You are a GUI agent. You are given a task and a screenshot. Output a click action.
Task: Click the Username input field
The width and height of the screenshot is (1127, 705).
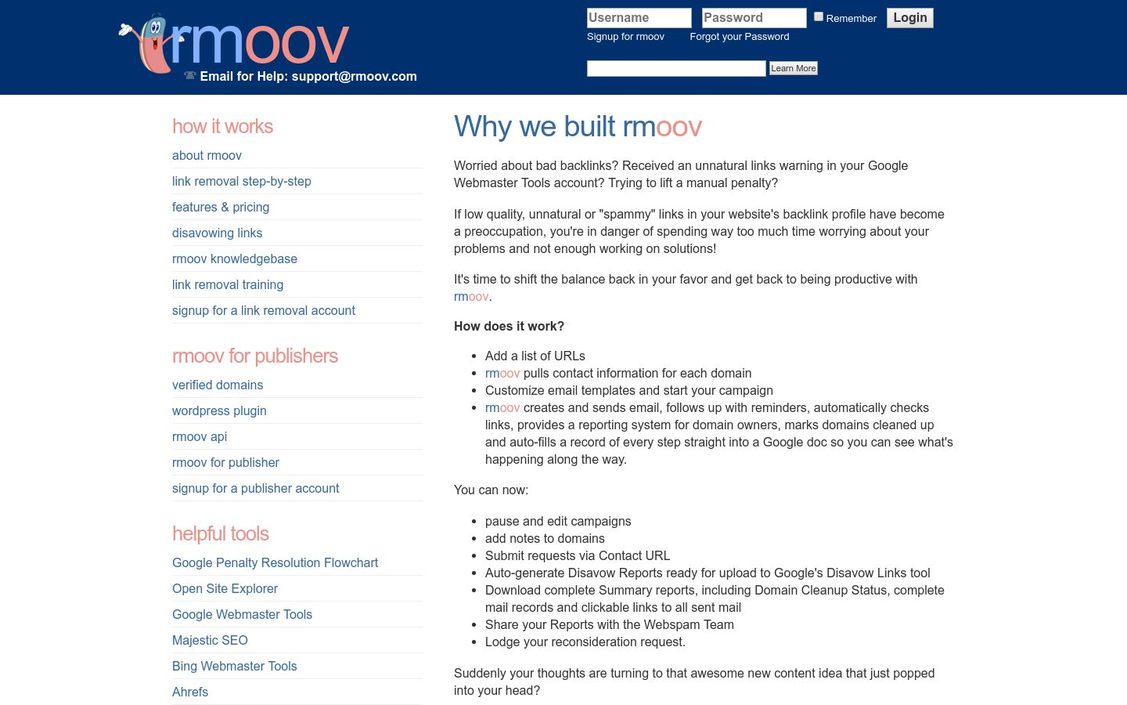click(x=639, y=18)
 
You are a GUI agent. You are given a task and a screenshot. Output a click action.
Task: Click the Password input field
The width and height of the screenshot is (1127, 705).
click(x=754, y=18)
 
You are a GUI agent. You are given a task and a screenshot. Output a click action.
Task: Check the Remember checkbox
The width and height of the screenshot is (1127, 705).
click(x=819, y=16)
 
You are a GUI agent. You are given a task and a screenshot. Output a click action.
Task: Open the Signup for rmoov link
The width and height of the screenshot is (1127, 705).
click(x=625, y=37)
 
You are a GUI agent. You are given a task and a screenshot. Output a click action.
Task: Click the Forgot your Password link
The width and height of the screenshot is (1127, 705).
click(x=739, y=37)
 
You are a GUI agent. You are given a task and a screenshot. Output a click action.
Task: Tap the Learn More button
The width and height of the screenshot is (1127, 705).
click(x=793, y=68)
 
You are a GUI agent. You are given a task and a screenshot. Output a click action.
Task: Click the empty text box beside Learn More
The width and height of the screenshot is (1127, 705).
click(x=676, y=69)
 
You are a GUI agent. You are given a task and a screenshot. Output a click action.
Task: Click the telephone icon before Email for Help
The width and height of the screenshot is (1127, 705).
click(x=189, y=76)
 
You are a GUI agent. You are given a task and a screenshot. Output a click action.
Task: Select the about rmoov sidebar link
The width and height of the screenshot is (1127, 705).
click(x=207, y=155)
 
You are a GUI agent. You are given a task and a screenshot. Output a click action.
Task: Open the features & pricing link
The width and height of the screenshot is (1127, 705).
click(x=221, y=207)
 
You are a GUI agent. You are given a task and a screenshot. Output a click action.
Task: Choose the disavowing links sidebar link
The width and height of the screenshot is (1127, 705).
click(x=217, y=233)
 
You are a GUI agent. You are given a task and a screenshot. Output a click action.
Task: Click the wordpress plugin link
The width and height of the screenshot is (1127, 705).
click(x=219, y=410)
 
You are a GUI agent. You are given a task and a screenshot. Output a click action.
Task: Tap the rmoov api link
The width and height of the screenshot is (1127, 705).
click(x=200, y=436)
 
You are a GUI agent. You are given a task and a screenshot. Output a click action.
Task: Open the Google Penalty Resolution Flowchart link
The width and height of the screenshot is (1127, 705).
click(x=275, y=562)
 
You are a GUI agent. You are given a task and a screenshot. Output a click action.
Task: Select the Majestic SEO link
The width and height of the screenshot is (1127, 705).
click(x=210, y=640)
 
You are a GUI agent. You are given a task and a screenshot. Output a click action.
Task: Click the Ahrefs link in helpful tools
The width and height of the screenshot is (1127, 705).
click(x=190, y=692)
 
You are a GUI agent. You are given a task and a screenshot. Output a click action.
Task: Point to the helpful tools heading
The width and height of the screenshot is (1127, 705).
click(x=221, y=533)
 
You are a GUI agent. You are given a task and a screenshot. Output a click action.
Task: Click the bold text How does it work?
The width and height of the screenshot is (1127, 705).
click(x=509, y=326)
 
